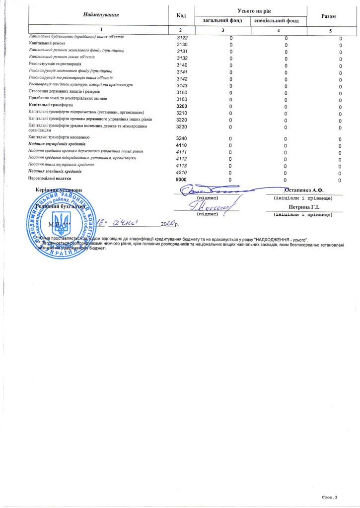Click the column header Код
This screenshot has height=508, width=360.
click(x=181, y=15)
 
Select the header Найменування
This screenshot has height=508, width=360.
click(x=101, y=15)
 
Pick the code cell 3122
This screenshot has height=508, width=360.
click(x=182, y=38)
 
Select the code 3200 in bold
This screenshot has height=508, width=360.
click(x=182, y=106)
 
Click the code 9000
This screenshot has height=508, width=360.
click(x=182, y=179)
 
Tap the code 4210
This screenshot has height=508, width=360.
click(x=182, y=172)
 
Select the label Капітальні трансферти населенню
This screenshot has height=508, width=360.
click(x=59, y=136)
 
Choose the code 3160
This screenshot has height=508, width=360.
click(x=182, y=99)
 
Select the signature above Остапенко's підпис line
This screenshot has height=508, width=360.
click(x=214, y=189)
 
